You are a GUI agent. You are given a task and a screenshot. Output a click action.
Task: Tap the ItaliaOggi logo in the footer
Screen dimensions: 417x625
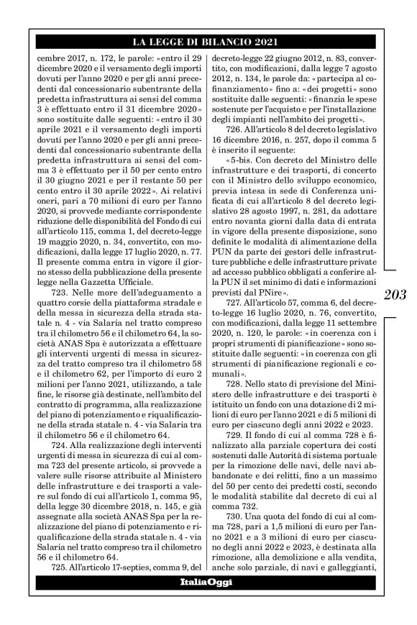[x=207, y=601]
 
